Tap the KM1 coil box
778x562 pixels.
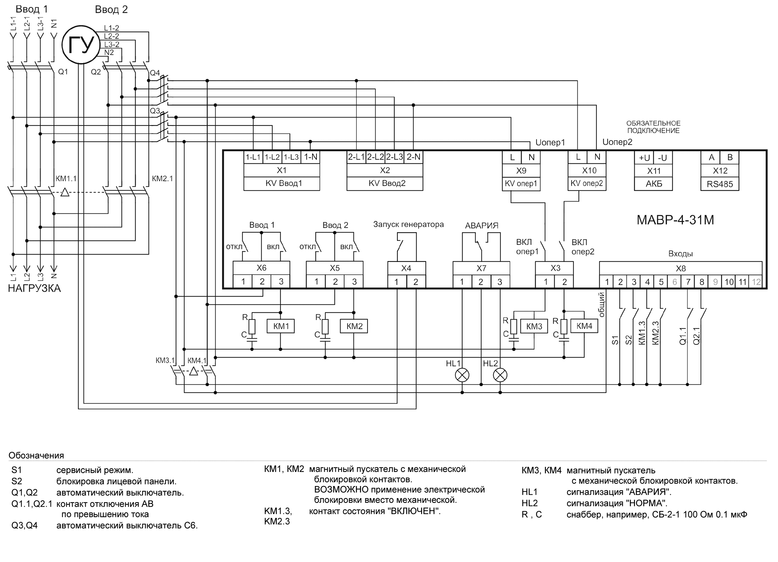281,326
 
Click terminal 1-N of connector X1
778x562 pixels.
311,157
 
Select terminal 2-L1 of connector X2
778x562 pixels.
356,157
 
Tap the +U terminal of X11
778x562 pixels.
644,158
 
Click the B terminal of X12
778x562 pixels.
730,157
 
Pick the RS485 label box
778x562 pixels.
720,184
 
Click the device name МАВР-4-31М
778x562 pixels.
675,220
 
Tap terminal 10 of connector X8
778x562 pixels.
729,282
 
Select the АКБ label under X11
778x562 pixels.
654,184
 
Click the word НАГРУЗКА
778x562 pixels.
34,288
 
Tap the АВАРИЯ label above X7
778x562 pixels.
482,226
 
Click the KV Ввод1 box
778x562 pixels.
282,183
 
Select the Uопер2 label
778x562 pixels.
617,142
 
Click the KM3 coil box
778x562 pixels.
534,326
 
